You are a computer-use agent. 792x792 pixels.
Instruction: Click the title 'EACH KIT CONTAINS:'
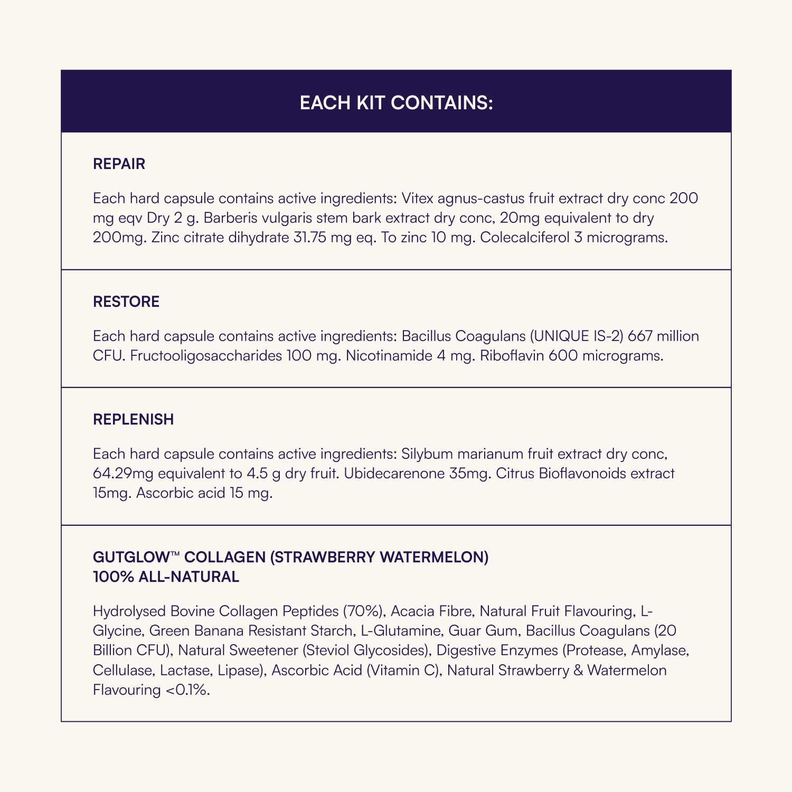(396, 102)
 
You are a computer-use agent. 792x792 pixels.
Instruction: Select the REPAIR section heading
(119, 164)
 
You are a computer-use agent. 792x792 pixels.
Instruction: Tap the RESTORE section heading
(126, 301)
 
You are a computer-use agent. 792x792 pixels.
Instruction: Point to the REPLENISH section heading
(133, 419)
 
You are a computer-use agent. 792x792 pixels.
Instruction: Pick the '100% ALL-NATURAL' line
(166, 577)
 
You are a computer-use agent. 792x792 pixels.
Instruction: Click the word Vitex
(417, 199)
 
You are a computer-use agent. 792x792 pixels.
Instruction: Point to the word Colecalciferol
(524, 238)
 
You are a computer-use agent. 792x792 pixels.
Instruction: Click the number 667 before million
(640, 336)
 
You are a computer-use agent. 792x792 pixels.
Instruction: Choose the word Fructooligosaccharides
(206, 356)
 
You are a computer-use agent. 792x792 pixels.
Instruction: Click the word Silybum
(427, 454)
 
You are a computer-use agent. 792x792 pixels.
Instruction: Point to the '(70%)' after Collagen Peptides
(364, 611)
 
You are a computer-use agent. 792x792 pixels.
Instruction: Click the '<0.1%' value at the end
(187, 690)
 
